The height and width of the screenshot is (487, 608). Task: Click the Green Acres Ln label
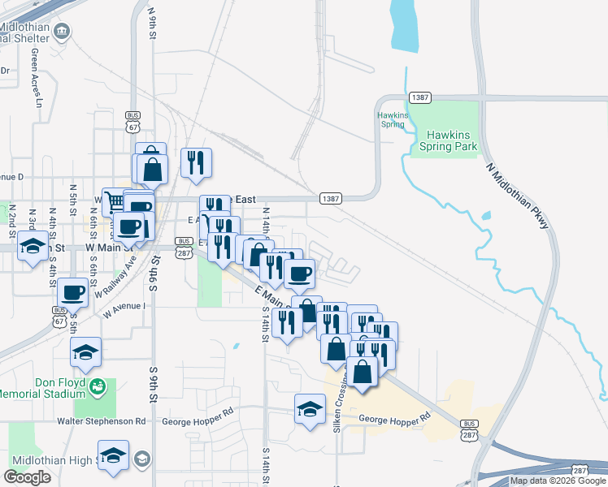click(36, 77)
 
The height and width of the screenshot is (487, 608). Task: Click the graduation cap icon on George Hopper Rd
click(310, 408)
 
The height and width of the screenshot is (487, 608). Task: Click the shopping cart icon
click(112, 200)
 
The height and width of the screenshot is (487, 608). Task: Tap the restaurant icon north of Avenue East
click(196, 162)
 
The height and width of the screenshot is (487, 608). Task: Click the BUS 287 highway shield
click(469, 424)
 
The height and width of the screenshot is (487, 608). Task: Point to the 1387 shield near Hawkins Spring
click(420, 97)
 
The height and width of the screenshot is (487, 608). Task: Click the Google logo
click(27, 477)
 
